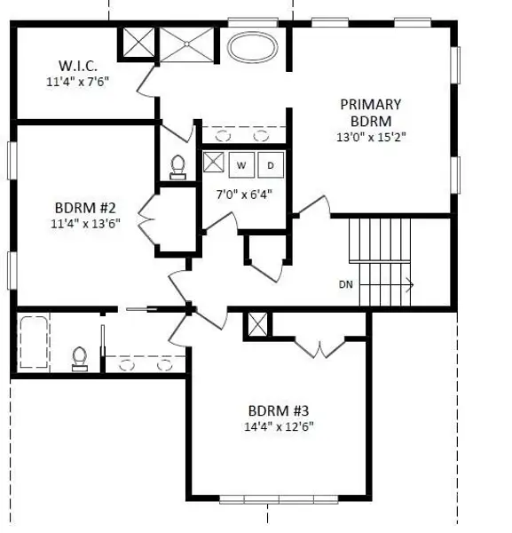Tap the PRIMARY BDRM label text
coord(371,112)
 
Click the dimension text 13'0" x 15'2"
coord(371,138)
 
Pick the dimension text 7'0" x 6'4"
coord(244,194)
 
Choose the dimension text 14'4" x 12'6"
coord(279,426)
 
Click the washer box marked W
coord(241,164)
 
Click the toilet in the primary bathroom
coord(177,166)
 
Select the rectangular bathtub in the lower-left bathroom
coord(34,342)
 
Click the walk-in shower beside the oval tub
coord(186,43)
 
